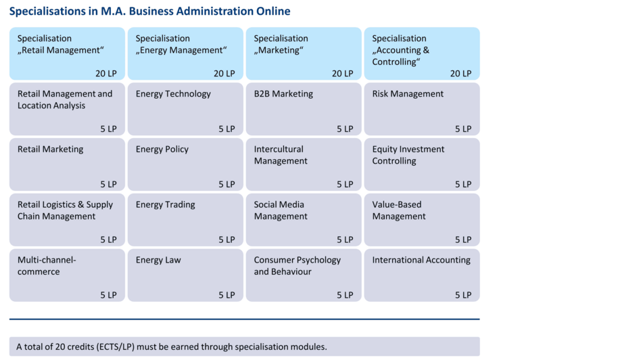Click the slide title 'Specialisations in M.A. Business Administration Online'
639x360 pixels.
point(149,12)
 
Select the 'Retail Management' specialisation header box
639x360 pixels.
point(67,53)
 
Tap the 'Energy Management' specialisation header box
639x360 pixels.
point(185,53)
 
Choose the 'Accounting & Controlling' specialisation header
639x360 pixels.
point(421,53)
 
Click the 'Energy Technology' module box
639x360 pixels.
point(185,109)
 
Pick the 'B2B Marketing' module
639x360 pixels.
point(303,109)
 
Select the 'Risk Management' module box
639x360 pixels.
point(421,109)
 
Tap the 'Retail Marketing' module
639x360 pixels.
point(67,164)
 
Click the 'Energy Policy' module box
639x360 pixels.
point(185,164)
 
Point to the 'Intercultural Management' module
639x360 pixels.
point(303,164)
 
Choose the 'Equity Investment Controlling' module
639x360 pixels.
point(421,164)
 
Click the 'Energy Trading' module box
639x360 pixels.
point(185,220)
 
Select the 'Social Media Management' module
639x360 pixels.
point(303,220)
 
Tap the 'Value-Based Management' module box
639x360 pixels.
point(421,220)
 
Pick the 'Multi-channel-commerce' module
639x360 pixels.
point(67,275)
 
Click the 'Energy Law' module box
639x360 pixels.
point(185,275)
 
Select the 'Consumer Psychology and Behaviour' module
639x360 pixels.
point(303,275)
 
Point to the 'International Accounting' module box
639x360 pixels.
point(421,275)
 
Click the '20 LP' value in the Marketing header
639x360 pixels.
point(342,73)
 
